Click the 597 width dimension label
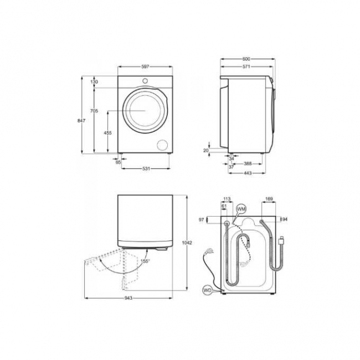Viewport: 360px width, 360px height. [145, 66]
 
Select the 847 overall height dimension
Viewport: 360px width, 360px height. [81, 121]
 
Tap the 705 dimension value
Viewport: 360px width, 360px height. [94, 111]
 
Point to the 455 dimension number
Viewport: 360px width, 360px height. [108, 132]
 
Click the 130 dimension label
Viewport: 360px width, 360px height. [94, 82]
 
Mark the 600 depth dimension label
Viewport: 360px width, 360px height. [246, 59]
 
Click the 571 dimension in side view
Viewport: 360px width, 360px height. [246, 67]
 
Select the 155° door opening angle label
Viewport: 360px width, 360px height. [145, 260]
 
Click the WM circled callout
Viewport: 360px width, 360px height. [241, 208]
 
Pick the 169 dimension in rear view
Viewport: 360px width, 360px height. [269, 198]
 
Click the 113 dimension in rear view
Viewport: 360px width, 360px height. [226, 198]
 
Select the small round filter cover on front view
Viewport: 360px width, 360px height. [163, 145]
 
